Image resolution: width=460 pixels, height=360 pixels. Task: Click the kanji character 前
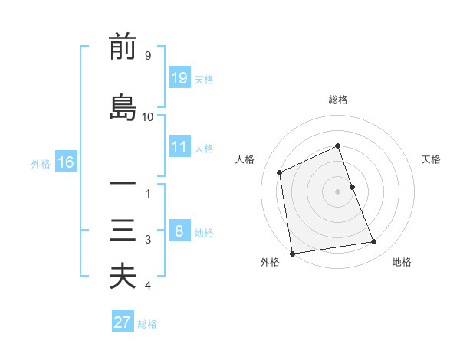[123, 47]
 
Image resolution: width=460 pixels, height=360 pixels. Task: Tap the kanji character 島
[123, 107]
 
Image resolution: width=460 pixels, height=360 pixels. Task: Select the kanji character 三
[123, 230]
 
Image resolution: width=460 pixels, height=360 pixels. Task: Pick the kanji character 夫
[123, 276]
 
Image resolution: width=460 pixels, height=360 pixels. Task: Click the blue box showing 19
[179, 78]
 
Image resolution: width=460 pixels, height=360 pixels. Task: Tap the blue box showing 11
[179, 147]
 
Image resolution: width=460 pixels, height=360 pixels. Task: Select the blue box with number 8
[179, 231]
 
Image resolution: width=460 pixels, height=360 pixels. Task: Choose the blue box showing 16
[66, 162]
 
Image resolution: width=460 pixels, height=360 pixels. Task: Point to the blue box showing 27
[123, 322]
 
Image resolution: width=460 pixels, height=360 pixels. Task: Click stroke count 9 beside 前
[147, 56]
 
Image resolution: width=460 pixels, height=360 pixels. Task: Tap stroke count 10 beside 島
[148, 116]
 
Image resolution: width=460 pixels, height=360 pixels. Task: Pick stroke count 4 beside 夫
[148, 286]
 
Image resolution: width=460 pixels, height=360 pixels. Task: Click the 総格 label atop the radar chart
[338, 100]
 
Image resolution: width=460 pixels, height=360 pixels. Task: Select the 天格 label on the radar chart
[432, 159]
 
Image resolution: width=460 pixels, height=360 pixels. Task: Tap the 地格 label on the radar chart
[402, 262]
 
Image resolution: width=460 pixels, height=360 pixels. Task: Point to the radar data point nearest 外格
[292, 253]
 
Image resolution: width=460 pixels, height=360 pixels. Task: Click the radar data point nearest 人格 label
[280, 172]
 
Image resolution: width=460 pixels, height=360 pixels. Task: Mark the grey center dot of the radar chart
[338, 191]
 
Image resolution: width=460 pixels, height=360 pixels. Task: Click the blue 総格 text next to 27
[147, 324]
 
